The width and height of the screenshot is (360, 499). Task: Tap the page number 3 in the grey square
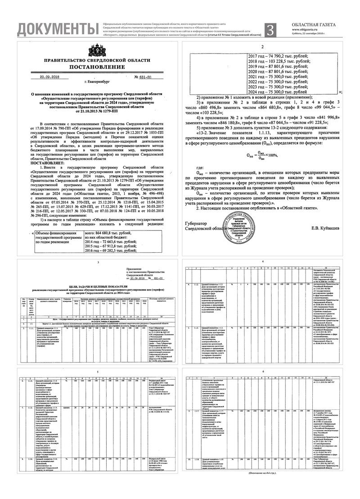click(270, 30)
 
